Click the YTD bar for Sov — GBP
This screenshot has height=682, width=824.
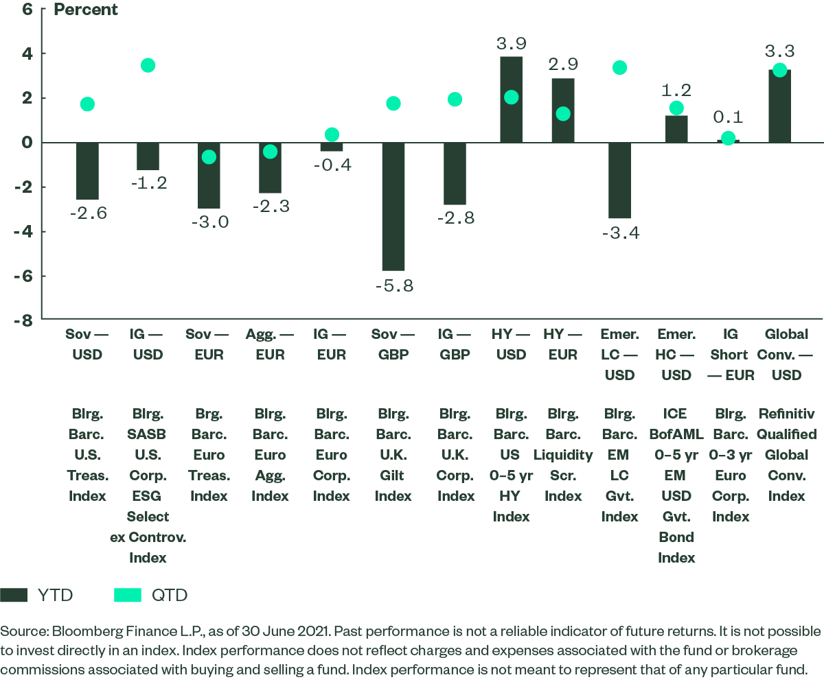pos(393,206)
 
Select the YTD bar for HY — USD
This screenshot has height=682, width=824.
pos(511,99)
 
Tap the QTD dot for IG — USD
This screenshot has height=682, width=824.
pos(148,65)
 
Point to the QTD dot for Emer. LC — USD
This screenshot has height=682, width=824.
pos(619,67)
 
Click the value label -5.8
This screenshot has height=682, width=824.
pos(393,286)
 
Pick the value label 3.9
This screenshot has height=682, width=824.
pos(511,43)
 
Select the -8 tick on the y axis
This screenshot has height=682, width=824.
pos(25,320)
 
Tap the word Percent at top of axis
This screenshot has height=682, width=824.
pos(86,10)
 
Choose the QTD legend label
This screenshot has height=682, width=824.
pos(169,595)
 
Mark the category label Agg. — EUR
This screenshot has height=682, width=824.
pos(270,344)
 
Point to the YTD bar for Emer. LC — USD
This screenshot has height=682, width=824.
pos(619,180)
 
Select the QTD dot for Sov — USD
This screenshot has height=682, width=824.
pos(87,104)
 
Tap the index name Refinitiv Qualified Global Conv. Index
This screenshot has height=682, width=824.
pos(788,454)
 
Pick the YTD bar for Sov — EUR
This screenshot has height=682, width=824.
pos(209,175)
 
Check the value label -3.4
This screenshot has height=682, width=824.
pos(619,233)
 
